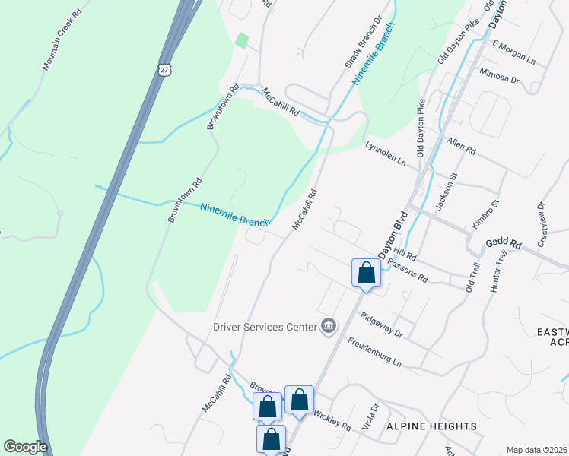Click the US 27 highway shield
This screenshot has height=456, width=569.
point(166,69)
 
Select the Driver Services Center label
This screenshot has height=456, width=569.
point(264,327)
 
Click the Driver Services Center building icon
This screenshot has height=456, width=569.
point(329,326)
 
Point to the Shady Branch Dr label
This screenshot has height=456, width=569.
point(362,42)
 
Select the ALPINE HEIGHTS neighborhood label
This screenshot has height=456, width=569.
point(431,426)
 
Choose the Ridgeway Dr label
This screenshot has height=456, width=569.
point(381,325)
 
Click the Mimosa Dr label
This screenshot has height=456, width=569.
point(500,76)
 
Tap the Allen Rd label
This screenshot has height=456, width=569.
point(461,147)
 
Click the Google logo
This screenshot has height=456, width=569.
point(24,446)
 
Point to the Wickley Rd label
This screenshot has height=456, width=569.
point(332,420)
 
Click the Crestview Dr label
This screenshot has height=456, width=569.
point(542,224)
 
